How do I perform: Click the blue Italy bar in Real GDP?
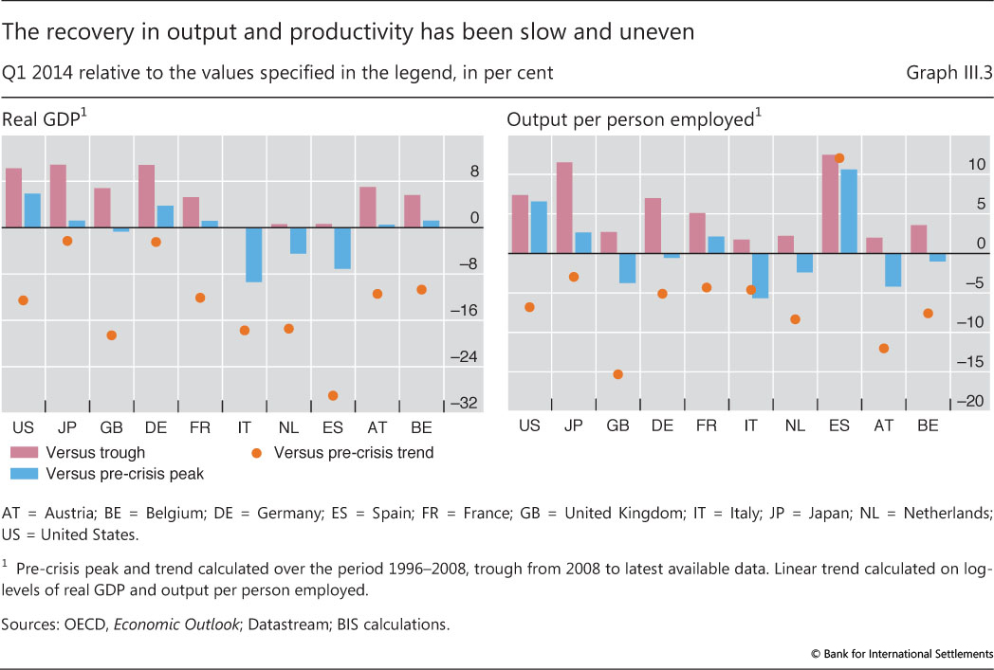[254, 254]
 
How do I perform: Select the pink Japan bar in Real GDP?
[58, 196]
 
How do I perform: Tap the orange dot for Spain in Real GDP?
[333, 395]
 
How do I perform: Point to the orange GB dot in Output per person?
[617, 374]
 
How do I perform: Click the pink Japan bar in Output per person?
[563, 208]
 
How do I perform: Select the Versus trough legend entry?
[79, 453]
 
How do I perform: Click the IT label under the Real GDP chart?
[244, 427]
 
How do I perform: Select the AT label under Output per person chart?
[883, 426]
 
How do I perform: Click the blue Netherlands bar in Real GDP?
[298, 241]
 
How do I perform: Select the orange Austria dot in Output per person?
[883, 348]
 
